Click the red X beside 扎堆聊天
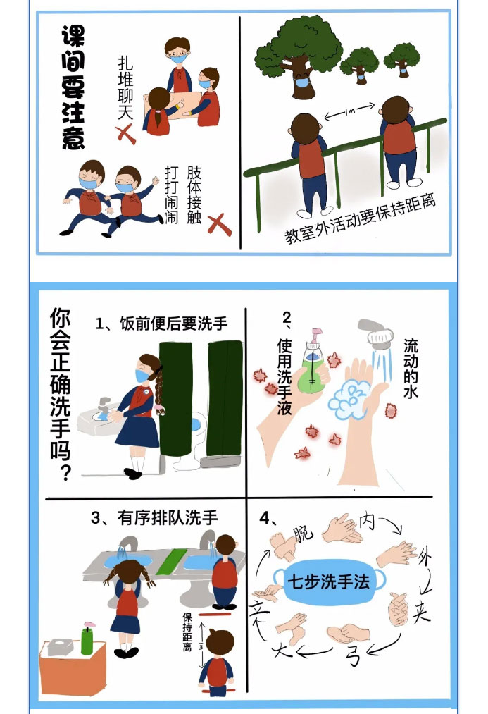(x=126, y=135)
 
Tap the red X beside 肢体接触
(x=219, y=225)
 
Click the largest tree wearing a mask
(x=299, y=55)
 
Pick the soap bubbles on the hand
(x=350, y=398)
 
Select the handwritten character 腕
(x=304, y=534)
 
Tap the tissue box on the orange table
(x=61, y=647)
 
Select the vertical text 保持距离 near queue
(x=187, y=632)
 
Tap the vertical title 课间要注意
(x=73, y=87)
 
